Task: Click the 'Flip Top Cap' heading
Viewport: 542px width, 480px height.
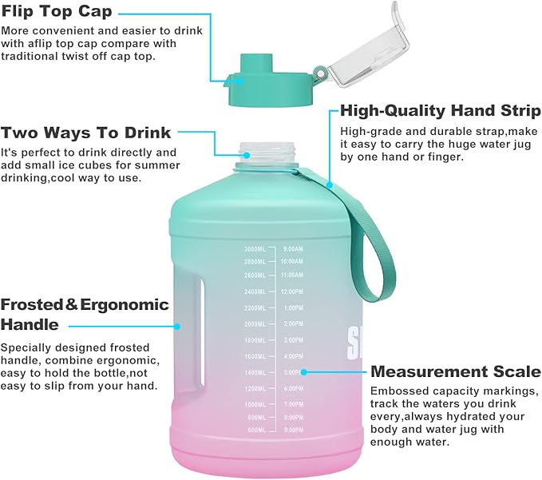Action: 57,12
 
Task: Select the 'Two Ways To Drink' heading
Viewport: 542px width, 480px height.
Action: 85,133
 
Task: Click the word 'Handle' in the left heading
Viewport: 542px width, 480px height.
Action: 30,324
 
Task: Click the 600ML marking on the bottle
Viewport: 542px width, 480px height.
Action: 255,430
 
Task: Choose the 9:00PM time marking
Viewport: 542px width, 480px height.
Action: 292,430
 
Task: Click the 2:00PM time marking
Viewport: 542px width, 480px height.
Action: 292,323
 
